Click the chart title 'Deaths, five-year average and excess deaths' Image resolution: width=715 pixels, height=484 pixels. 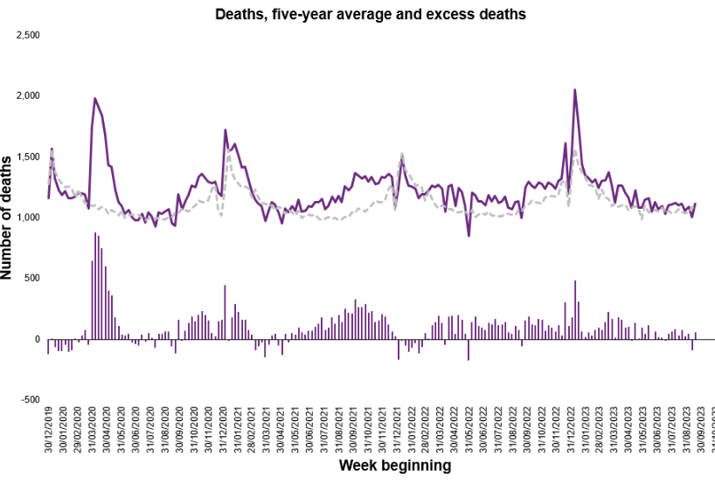[371, 14]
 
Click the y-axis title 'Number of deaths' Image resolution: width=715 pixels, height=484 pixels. [8, 216]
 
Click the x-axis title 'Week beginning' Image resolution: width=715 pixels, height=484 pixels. [395, 466]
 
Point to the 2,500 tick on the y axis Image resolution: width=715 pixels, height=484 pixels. [28, 35]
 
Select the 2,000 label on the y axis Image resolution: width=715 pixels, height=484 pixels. [28, 95]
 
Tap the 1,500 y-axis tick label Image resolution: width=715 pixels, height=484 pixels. [28, 156]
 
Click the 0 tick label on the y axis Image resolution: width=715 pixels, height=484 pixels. [36, 339]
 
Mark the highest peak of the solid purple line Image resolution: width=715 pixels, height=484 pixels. [574, 89]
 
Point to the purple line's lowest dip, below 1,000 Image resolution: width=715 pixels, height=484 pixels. [469, 235]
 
